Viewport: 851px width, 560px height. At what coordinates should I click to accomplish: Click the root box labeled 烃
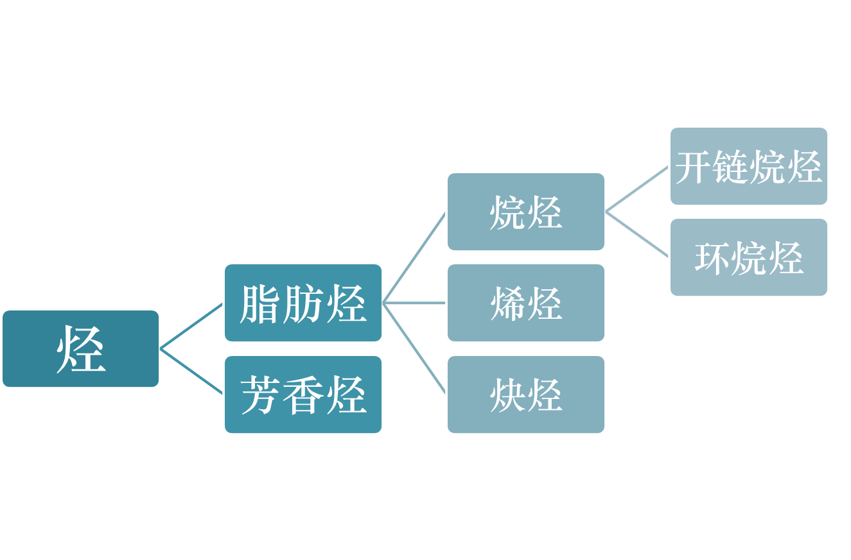coord(80,349)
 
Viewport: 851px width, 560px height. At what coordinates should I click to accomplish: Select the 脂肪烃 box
coord(303,303)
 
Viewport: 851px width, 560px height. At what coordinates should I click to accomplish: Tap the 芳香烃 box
coord(303,395)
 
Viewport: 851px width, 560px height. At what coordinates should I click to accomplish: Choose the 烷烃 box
coord(526,212)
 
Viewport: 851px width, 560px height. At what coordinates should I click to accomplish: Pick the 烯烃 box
coord(526,303)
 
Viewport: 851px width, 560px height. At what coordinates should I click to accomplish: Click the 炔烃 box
coord(526,395)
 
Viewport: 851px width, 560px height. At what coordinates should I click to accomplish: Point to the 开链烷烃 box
coord(749,166)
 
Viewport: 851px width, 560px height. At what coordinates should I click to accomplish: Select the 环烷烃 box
coord(749,257)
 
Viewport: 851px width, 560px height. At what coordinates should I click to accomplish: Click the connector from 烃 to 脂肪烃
coord(191,326)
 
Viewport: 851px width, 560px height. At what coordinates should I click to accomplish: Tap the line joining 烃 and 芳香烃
coord(191,371)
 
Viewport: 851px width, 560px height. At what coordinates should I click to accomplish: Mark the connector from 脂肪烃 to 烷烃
coord(414,257)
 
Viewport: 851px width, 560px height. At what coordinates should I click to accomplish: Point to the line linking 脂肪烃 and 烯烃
coord(414,303)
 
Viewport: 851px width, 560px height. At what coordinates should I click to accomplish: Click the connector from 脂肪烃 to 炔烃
coord(414,348)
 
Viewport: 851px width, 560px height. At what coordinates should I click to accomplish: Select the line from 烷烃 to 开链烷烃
coord(637,189)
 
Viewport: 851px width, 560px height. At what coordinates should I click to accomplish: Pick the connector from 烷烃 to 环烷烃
coord(637,234)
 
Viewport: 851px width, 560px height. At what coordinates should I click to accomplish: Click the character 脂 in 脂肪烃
coord(261,303)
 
